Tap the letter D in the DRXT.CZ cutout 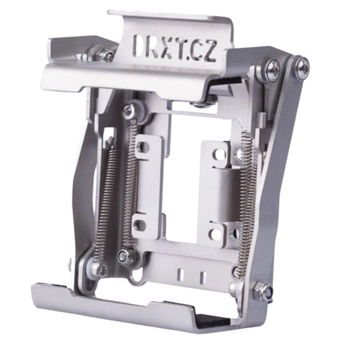(x=140, y=46)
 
